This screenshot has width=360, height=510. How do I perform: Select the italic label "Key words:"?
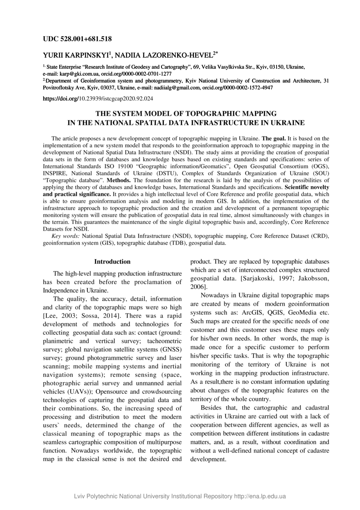[x=66, y=236]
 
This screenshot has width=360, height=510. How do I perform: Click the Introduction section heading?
[x=112, y=262]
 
